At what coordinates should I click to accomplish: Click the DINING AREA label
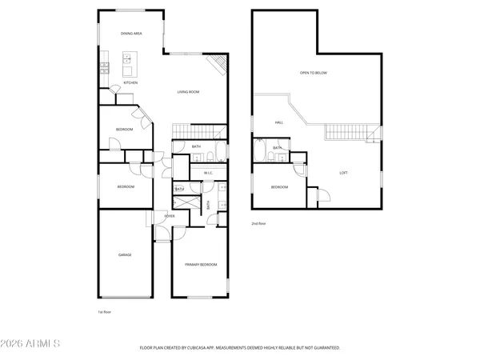(x=131, y=34)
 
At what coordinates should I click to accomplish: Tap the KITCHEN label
(x=130, y=82)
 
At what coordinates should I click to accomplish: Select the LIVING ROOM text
(x=188, y=92)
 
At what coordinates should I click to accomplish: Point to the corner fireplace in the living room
(x=218, y=65)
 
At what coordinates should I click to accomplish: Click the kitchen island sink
(x=127, y=58)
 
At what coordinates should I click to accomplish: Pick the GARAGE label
(x=125, y=254)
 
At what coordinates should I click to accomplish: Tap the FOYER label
(x=170, y=216)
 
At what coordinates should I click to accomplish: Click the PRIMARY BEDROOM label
(x=201, y=264)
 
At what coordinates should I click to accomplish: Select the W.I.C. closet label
(x=207, y=173)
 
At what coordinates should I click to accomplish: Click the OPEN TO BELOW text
(x=313, y=73)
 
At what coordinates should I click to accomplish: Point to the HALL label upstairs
(x=279, y=122)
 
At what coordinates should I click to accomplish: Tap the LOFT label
(x=343, y=173)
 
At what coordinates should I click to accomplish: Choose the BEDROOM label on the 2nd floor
(x=278, y=187)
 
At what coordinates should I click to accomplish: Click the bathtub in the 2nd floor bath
(x=262, y=150)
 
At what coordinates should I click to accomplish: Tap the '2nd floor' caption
(x=258, y=224)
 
